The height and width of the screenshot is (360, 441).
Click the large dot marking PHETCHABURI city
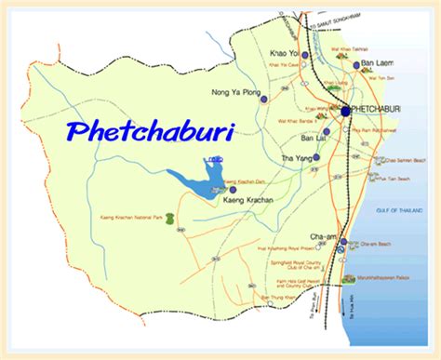coord(346,110)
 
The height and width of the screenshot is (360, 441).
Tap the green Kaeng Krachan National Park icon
coord(169,218)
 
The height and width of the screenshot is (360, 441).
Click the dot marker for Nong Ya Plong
coord(264,96)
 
